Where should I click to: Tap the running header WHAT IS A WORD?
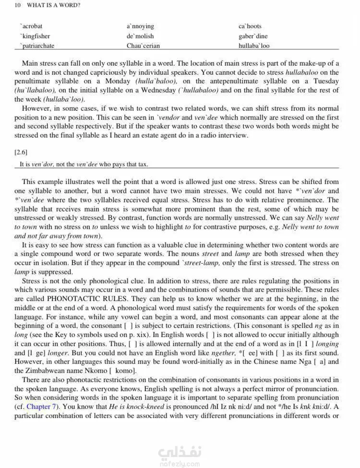[x=53, y=5]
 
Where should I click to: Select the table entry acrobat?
[x=32, y=26]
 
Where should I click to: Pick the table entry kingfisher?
[x=35, y=36]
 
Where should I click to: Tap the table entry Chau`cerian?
[x=143, y=46]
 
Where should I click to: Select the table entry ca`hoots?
[x=250, y=26]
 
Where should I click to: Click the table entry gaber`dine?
[x=253, y=36]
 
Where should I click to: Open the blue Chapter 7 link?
[x=42, y=407]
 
